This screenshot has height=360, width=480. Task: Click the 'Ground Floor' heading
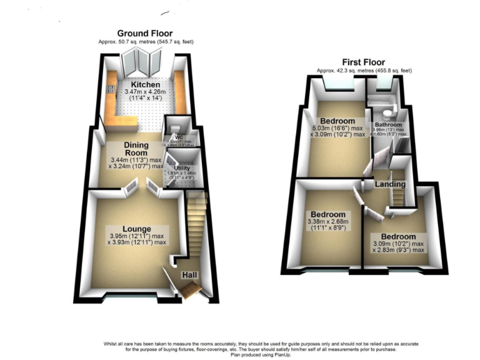(144, 33)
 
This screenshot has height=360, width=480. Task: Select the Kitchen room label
(145, 84)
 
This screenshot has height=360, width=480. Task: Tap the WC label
(178, 137)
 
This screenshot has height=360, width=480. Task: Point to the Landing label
(390, 184)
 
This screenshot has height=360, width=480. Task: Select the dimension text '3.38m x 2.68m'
(330, 221)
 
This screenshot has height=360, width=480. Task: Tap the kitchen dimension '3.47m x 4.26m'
(145, 92)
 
